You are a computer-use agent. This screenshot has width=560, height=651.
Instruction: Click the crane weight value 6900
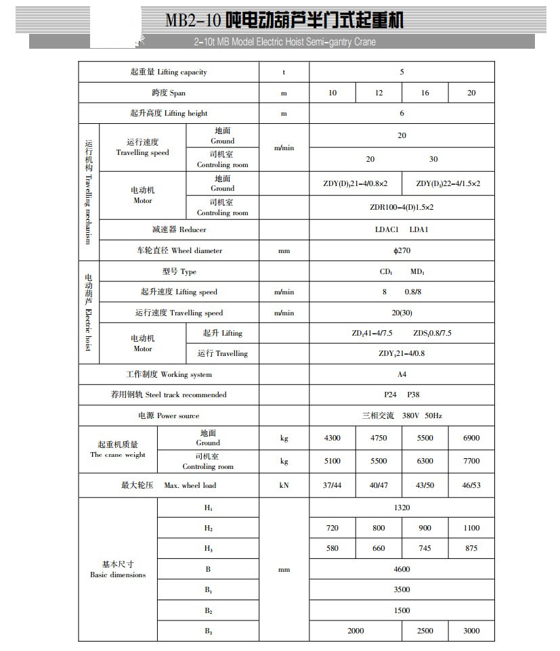(471, 438)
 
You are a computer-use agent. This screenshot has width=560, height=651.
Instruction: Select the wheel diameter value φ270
(402, 250)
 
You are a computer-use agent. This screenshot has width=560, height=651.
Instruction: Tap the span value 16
(425, 93)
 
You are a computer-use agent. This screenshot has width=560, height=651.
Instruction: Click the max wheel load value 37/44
(332, 485)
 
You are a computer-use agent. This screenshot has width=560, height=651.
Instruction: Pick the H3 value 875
(471, 548)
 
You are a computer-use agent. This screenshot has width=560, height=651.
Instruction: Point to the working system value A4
(402, 374)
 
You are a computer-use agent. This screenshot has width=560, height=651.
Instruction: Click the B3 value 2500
(425, 631)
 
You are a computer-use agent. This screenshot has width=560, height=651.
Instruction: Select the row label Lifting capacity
(169, 72)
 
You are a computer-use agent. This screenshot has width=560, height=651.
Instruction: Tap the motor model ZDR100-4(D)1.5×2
(402, 207)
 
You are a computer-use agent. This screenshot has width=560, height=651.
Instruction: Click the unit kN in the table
(284, 485)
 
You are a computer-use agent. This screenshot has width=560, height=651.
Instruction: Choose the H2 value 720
(332, 528)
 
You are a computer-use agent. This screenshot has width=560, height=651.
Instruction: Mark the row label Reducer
(169, 230)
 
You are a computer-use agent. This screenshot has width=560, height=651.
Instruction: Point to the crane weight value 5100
(332, 461)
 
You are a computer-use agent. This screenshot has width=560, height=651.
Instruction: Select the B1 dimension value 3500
(402, 589)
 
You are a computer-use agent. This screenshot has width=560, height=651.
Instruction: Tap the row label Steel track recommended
(169, 395)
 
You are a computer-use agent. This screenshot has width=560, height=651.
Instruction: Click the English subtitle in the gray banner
(284, 42)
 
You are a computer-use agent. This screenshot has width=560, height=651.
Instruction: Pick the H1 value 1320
(402, 508)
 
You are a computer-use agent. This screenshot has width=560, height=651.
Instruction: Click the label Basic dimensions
(118, 570)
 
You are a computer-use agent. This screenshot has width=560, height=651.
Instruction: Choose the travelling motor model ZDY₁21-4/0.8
(402, 353)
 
